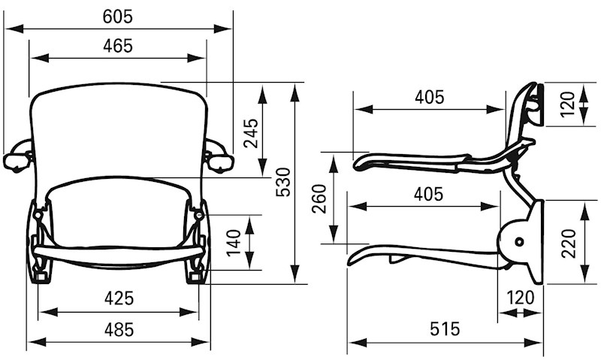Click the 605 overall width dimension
coord(118,17)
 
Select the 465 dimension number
coord(118,46)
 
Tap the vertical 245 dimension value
coord(252,134)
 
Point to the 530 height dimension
coord(284,182)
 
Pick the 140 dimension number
coord(234,243)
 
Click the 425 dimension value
coord(119,298)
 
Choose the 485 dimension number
coord(119,330)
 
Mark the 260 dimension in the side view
coord(319,198)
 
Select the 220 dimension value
coord(569,243)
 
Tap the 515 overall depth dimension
coord(445,329)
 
